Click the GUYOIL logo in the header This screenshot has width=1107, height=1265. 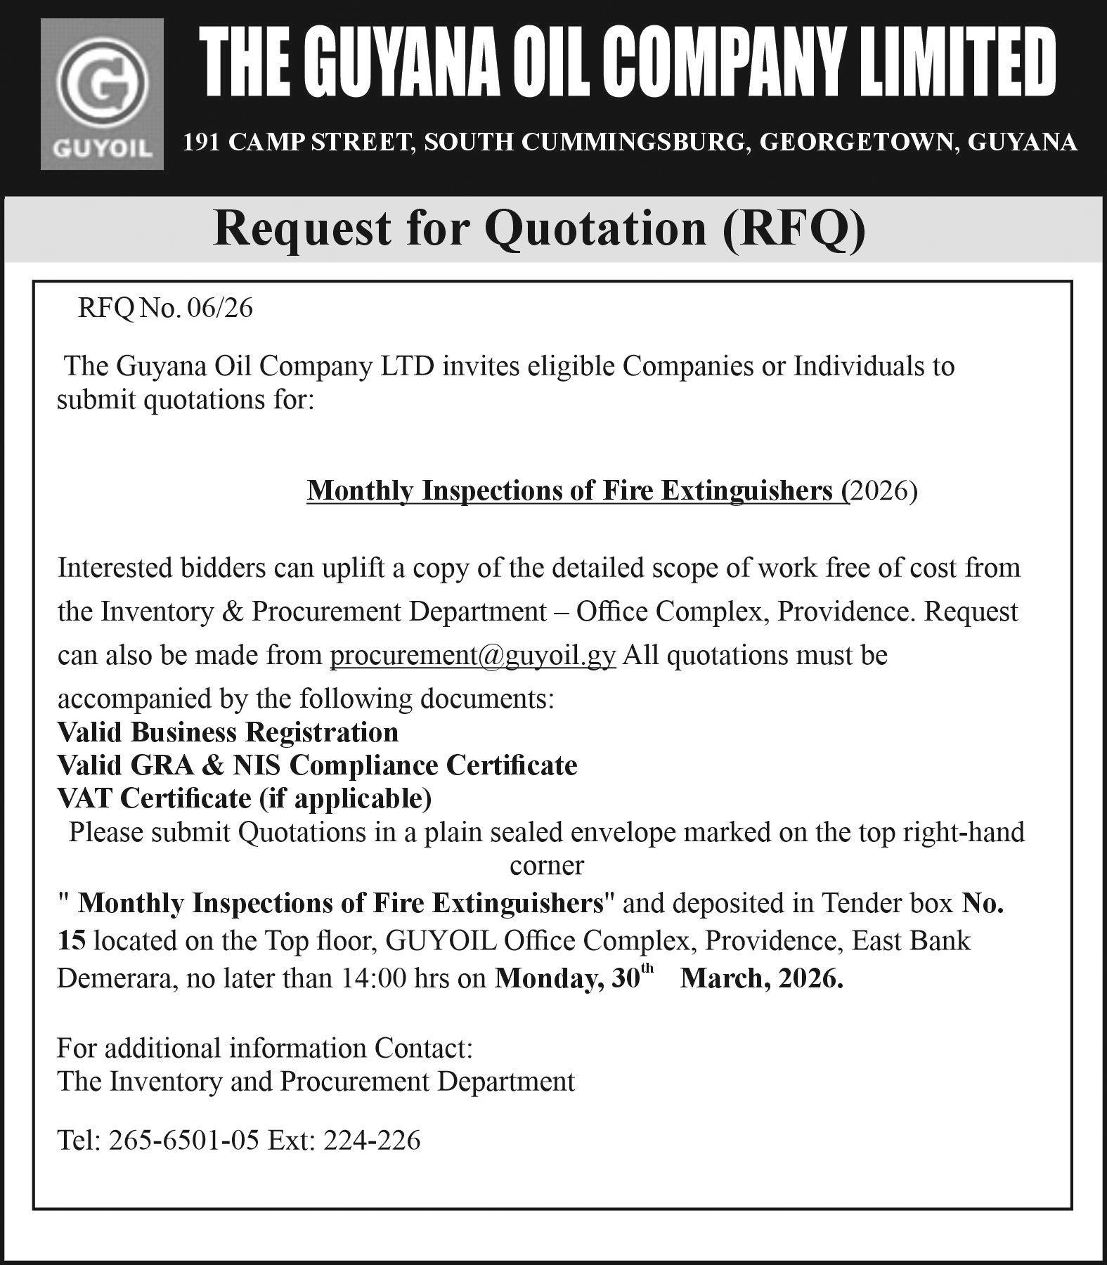coord(102,93)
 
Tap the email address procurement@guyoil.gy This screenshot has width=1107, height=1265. coord(473,656)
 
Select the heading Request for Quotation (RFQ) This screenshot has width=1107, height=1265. coord(539,230)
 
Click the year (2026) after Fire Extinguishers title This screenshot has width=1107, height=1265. coord(883,491)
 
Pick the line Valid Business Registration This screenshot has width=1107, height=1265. coord(228,732)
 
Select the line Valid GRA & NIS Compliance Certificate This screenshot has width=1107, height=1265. coord(318,765)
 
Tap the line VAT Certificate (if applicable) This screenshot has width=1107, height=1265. coord(245,798)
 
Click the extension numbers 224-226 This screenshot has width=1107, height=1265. coord(372,1140)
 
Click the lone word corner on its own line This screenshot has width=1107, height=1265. coord(546,865)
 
